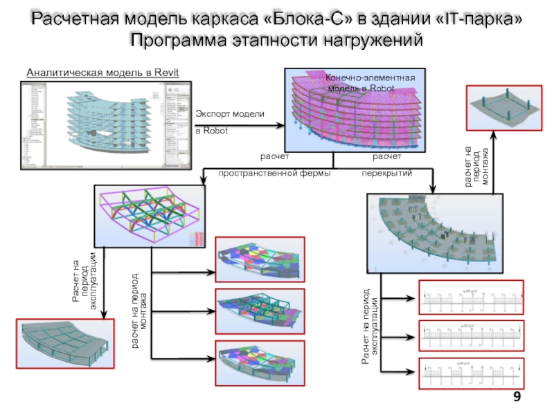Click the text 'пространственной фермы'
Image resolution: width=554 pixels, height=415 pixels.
274,173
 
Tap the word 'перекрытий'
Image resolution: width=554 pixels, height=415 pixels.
387,173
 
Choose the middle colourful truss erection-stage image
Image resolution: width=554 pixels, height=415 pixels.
260,308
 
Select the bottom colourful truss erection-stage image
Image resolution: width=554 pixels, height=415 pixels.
260,358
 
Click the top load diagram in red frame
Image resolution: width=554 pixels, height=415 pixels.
471,298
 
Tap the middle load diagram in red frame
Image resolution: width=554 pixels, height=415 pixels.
471,336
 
